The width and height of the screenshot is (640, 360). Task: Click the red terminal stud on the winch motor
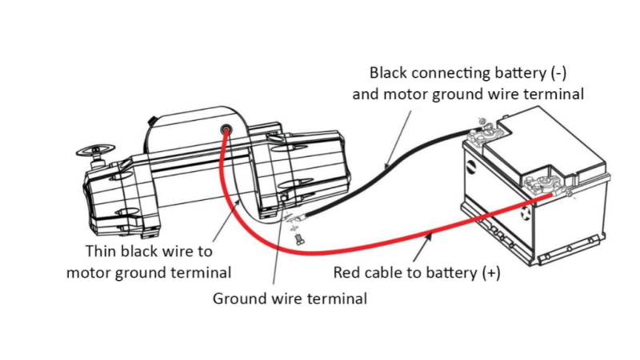(226, 130)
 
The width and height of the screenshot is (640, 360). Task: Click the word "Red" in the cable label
(348, 272)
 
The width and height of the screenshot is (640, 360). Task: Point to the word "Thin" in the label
(102, 250)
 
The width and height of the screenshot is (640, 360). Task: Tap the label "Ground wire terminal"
(290, 299)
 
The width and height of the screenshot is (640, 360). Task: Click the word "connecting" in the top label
(451, 73)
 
